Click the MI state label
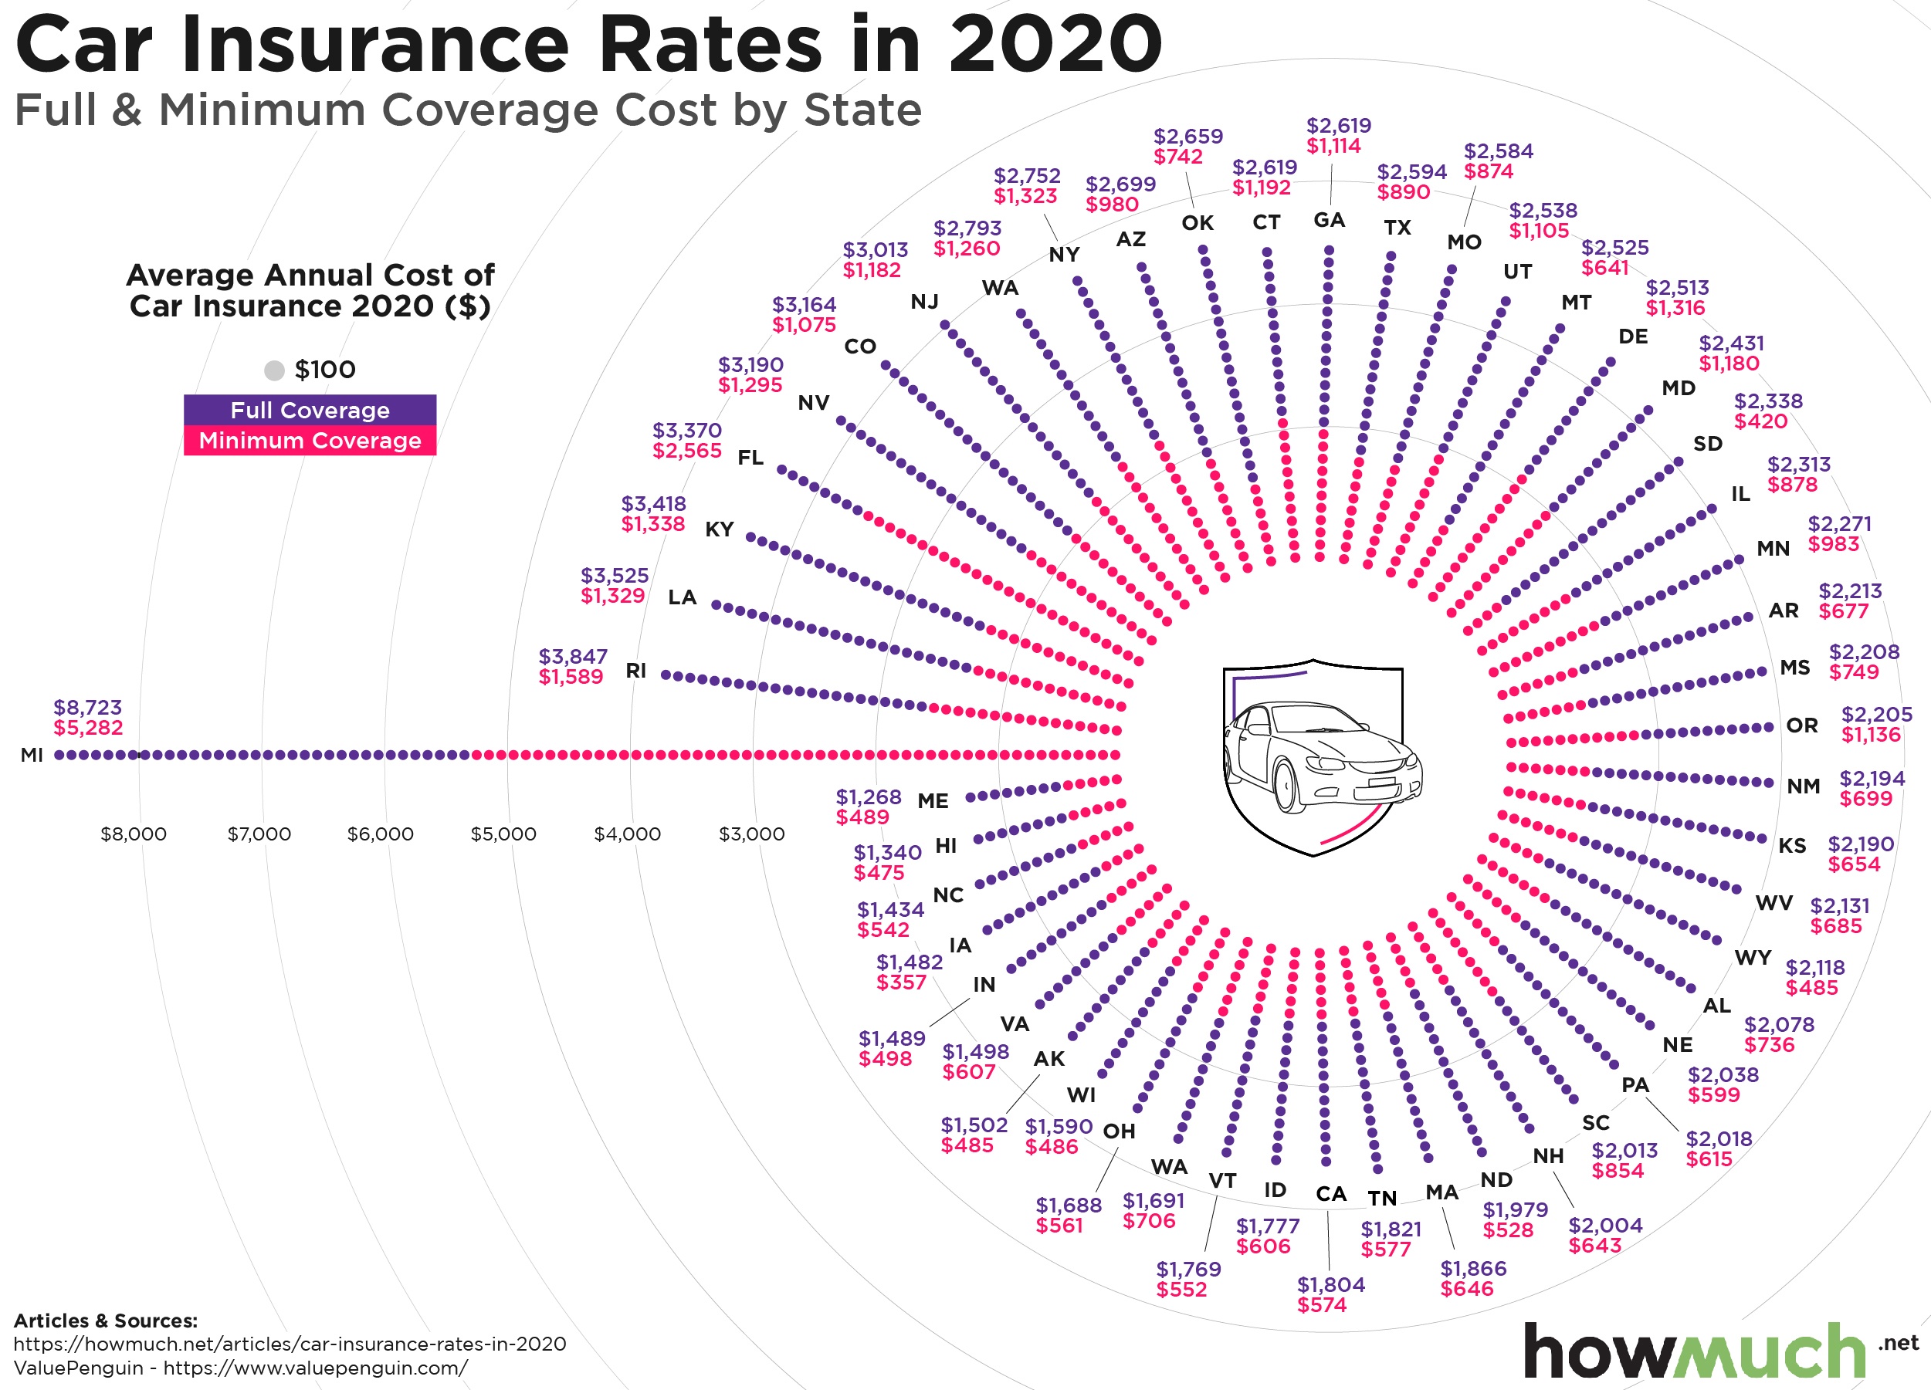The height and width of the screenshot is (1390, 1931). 32,755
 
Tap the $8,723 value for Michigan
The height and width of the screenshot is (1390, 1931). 88,707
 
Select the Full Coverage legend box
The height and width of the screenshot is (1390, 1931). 310,411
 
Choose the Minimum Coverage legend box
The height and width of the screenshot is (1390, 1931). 310,441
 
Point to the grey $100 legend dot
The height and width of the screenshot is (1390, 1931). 274,370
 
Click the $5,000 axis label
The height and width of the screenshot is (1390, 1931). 503,834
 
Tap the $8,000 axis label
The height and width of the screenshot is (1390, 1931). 134,834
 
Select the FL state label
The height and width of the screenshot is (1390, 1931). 750,458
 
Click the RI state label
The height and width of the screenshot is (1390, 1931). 636,671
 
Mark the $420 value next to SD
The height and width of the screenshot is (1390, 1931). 1760,421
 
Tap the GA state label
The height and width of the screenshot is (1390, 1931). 1329,221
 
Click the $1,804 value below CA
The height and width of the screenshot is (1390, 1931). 1331,1284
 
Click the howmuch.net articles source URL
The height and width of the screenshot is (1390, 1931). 290,1344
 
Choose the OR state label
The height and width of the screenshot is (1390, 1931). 1801,725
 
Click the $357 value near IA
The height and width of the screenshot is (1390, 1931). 901,982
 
